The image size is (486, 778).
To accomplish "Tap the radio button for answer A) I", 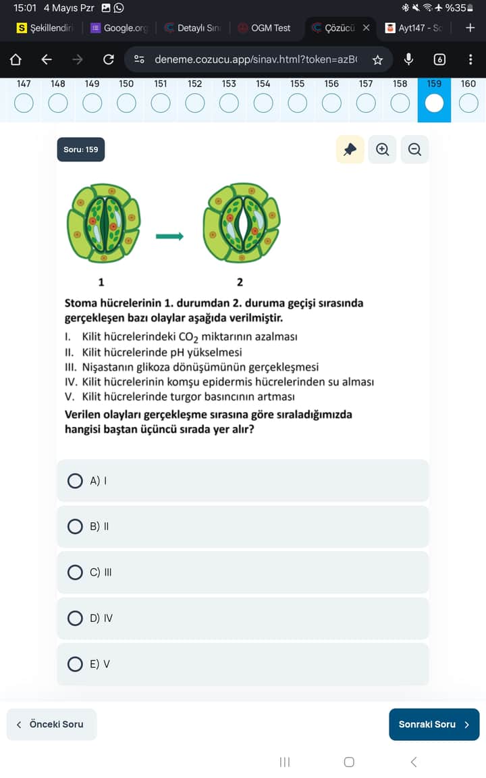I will [76, 481].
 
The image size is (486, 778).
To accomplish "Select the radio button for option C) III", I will [76, 572].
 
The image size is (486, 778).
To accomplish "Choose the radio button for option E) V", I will [76, 664].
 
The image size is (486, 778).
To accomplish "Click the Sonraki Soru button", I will [434, 724].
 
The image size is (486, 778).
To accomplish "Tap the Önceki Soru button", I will [51, 724].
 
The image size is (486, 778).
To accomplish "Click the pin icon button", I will [350, 150].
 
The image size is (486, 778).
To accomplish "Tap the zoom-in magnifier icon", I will [383, 150].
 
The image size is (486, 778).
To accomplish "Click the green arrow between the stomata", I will [169, 236].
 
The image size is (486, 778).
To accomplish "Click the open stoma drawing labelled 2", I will [241, 223].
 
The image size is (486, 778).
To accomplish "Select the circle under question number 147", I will [24, 103].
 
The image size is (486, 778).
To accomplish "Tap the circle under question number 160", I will [468, 103].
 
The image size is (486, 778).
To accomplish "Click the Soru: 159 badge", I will [81, 149].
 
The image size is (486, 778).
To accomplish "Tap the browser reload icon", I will [108, 59].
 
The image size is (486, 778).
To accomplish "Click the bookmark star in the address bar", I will [377, 59].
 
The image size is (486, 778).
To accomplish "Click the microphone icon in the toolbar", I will [408, 59].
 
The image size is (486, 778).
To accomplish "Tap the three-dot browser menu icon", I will [470, 59].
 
